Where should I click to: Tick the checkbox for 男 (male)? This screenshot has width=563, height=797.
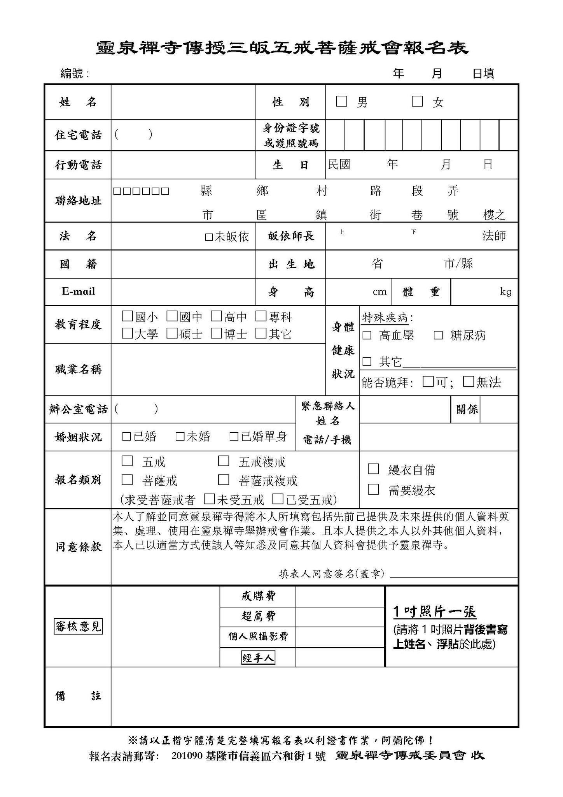click(x=341, y=102)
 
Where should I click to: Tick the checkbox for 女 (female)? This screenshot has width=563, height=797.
click(x=417, y=102)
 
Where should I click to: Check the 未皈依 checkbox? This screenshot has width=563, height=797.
click(x=209, y=237)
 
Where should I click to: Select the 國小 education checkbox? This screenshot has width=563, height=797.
click(x=127, y=316)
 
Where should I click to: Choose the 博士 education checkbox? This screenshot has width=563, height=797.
click(x=216, y=333)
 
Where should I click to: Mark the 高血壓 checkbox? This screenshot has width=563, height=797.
click(x=367, y=335)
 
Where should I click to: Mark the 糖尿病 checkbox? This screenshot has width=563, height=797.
click(x=438, y=335)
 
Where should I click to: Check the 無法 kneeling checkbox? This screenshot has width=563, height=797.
click(x=469, y=381)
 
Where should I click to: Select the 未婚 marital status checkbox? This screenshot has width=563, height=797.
click(x=180, y=437)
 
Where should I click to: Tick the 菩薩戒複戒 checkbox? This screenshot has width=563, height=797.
click(x=224, y=480)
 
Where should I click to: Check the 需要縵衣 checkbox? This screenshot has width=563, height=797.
click(x=373, y=489)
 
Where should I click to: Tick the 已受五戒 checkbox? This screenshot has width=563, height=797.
click(x=278, y=499)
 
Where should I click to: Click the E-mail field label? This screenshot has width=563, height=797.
click(x=78, y=291)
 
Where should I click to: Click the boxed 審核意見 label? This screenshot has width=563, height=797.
click(x=78, y=626)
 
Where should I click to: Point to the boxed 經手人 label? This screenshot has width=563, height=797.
click(x=258, y=658)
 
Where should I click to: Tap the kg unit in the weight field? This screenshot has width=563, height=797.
click(x=505, y=291)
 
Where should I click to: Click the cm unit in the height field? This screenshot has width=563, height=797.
click(x=379, y=292)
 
